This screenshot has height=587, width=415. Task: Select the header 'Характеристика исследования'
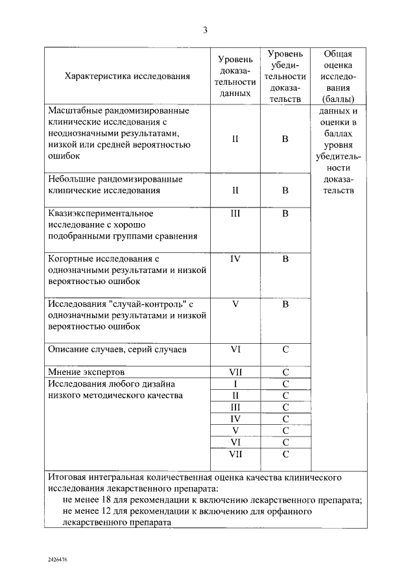[x=128, y=76]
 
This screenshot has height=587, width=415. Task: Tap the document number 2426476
[x=58, y=558]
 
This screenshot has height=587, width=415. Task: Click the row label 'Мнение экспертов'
[x=86, y=372]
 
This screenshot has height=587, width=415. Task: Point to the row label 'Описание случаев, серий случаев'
[x=117, y=349]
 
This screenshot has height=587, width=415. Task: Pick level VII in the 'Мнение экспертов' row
[x=235, y=372]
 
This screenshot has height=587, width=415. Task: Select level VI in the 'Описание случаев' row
[x=235, y=349]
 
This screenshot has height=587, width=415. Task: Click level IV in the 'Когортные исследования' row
[x=235, y=259]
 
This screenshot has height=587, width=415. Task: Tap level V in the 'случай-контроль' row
[x=235, y=304]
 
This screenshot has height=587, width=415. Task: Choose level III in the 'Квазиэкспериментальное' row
[x=235, y=213]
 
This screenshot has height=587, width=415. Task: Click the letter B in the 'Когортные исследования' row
[x=285, y=259]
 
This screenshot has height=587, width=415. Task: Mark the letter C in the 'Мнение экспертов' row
[x=285, y=372]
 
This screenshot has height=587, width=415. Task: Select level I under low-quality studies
[x=235, y=384]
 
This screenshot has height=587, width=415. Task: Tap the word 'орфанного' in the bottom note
[x=292, y=511]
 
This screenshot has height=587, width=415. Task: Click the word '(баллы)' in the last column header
[x=337, y=99]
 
